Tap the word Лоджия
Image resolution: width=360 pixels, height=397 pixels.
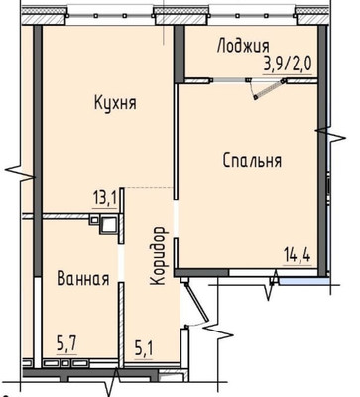pyautogui.click(x=240, y=46)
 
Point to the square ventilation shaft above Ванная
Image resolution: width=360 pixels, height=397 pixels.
pyautogui.click(x=108, y=224)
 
